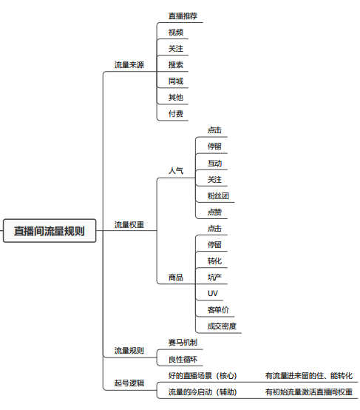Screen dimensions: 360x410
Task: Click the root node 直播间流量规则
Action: pos(50,231)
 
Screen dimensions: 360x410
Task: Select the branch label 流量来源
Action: pos(129,65)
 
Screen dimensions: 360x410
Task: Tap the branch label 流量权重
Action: pos(129,224)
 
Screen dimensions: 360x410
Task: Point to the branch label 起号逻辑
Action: pos(129,383)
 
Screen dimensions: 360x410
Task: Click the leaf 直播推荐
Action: pos(183,16)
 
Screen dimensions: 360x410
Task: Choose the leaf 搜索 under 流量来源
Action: pos(175,65)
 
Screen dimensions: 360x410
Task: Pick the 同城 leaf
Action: pos(175,81)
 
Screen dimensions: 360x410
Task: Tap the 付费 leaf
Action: pos(175,114)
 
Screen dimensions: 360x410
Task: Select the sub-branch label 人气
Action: pos(175,171)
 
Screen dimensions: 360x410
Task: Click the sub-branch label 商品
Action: pos(175,278)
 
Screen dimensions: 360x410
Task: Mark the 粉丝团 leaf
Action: pos(218,195)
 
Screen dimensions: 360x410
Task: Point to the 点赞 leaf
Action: pos(214,212)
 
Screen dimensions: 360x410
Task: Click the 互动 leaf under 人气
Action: pos(214,163)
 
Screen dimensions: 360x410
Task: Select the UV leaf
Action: pos(212,293)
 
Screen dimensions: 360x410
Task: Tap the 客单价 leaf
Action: pos(218,310)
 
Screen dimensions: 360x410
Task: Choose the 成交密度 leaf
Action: pos(222,326)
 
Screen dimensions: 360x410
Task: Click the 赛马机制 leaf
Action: pos(183,342)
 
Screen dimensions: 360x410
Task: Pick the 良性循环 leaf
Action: pos(183,359)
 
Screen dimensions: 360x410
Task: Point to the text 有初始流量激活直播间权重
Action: pos(309,392)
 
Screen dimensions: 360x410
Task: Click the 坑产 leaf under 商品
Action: pos(214,278)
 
